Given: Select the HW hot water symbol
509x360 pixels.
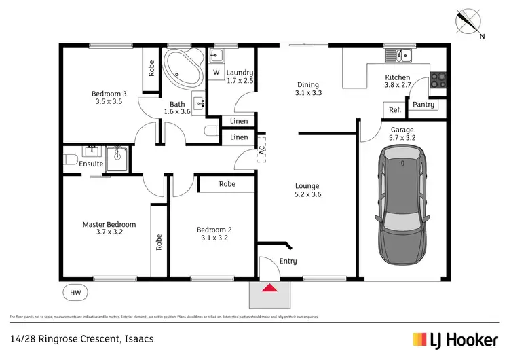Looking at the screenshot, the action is [x=75, y=293].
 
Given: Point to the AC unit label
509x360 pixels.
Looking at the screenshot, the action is [x=261, y=153].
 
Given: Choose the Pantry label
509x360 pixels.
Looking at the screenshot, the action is [x=423, y=105].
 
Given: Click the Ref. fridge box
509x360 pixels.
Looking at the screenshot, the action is [x=394, y=110].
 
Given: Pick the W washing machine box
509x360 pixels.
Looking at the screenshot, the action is [x=216, y=72].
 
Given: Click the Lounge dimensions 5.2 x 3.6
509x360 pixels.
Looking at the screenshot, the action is [x=307, y=195].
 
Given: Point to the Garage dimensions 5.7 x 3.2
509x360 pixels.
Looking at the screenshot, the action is [x=402, y=138].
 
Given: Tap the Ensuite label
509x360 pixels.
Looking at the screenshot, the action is [x=91, y=164].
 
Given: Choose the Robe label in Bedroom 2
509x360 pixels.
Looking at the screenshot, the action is [x=227, y=184].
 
